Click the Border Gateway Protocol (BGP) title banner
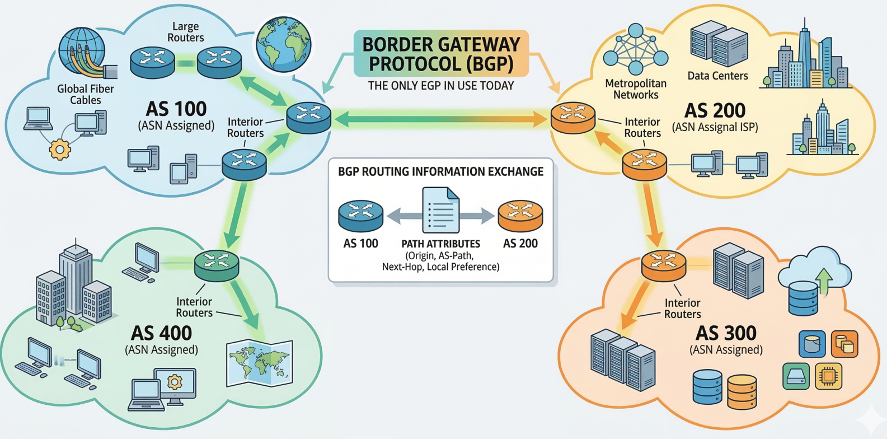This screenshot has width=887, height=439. (x=441, y=54)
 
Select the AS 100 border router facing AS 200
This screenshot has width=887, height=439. (x=308, y=117)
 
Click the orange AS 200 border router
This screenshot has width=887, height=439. (x=572, y=117)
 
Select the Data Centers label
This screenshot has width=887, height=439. (x=717, y=76)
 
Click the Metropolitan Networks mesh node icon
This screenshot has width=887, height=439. (x=636, y=49)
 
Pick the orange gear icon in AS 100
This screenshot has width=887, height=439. (x=60, y=149)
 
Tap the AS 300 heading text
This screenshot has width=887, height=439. (x=726, y=333)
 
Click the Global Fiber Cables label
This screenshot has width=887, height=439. (x=85, y=94)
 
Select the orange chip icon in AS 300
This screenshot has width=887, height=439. (x=829, y=376)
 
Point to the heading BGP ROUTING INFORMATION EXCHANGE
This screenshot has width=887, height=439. (x=440, y=171)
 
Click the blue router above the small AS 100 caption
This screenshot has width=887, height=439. (x=360, y=216)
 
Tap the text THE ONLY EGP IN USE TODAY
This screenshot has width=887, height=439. (x=440, y=86)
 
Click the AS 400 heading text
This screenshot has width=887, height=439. (x=161, y=333)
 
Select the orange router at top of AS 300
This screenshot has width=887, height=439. (x=663, y=265)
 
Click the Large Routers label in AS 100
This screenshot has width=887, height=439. (x=185, y=32)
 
